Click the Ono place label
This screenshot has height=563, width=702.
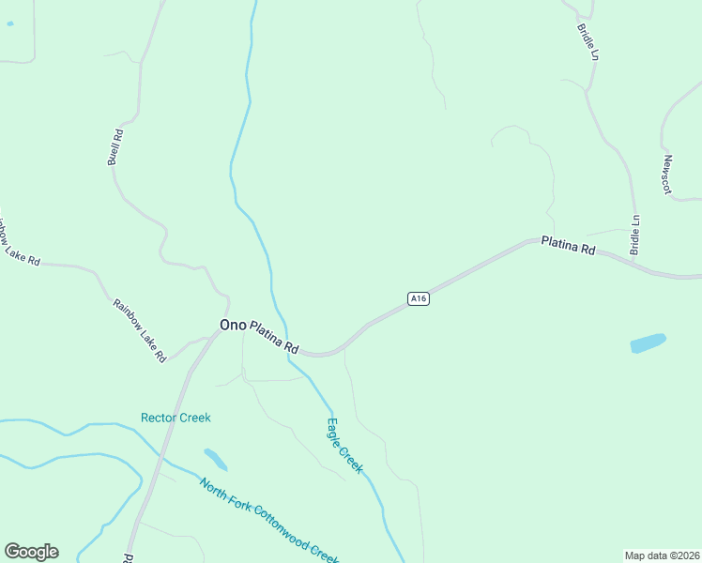point(233,325)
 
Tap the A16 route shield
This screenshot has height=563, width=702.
point(419,298)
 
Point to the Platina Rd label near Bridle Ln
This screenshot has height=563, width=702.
point(569,246)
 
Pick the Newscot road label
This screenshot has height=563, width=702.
point(667,175)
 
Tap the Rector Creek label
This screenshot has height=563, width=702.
point(175,418)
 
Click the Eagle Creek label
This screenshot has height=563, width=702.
point(344,446)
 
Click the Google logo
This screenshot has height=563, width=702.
point(31,552)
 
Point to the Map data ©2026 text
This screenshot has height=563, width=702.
point(663,555)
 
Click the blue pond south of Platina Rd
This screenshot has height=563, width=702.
point(648,343)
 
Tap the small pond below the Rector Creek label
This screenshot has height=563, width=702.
point(215,459)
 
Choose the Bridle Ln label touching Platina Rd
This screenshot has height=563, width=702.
point(635,235)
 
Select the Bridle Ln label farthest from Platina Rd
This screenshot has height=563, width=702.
point(589,39)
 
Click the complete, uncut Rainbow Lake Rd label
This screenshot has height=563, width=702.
point(139,330)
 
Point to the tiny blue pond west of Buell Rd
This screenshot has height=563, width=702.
point(9,23)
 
